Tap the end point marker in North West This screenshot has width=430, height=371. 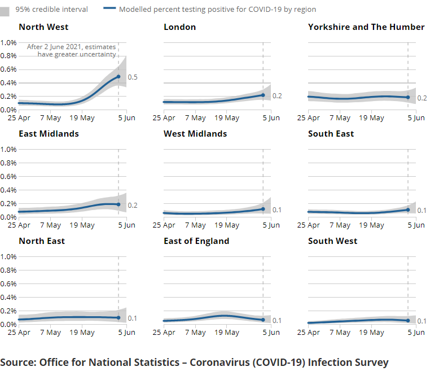click(119, 76)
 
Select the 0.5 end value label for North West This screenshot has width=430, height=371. click(133, 77)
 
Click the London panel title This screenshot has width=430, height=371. click(179, 27)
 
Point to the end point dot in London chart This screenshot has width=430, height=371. click(263, 95)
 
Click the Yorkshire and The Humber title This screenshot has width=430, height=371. click(366, 27)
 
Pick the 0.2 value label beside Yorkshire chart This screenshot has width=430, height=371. click(422, 98)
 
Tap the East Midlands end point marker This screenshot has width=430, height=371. click(119, 204)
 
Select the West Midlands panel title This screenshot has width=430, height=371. click(195, 134)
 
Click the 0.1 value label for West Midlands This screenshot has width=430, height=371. click(277, 210)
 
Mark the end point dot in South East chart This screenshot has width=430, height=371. click(408, 210)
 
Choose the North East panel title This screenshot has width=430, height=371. click(41, 241)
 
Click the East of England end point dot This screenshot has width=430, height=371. click(263, 320)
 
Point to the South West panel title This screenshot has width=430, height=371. click(332, 241)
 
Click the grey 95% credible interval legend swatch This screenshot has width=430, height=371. click(5, 10)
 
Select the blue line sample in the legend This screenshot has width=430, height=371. click(109, 10)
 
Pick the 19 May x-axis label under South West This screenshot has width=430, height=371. click(371, 333)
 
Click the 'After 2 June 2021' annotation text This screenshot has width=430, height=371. click(72, 51)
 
